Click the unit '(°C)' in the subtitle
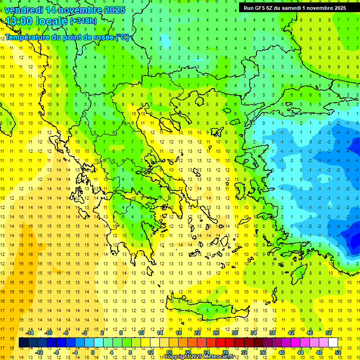pyautogui.click(x=122, y=37)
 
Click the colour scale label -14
pyautogui.click(x=30, y=333)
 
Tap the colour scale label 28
pyautogui.click(x=226, y=352)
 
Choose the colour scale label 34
pyautogui.click(x=254, y=333)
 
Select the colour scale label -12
pyautogui.click(x=40, y=352)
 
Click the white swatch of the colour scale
pyautogui.click(x=333, y=343)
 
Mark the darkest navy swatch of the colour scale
pyautogui.click(x=24, y=343)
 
